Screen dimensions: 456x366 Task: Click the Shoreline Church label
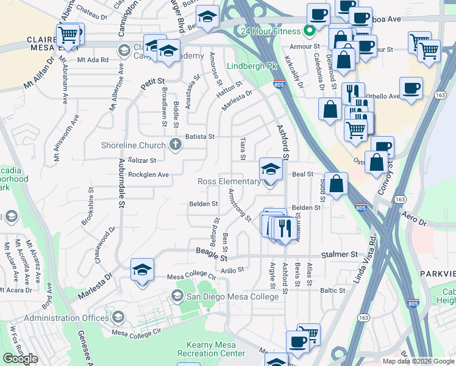coord(134,145)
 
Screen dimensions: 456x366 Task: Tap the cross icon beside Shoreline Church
coord(176,145)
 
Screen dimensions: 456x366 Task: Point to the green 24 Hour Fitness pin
coord(310,30)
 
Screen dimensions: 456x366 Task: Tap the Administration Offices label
coord(67,318)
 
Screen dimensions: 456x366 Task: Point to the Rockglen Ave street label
coord(148,174)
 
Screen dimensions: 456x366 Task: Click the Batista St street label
coord(201,137)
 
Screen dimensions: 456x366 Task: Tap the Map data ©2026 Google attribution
coord(419,361)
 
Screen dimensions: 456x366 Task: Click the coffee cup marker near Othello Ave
coord(411,88)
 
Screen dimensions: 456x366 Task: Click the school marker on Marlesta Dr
coord(143,270)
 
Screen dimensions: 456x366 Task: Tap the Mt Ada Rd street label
coord(93,60)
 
